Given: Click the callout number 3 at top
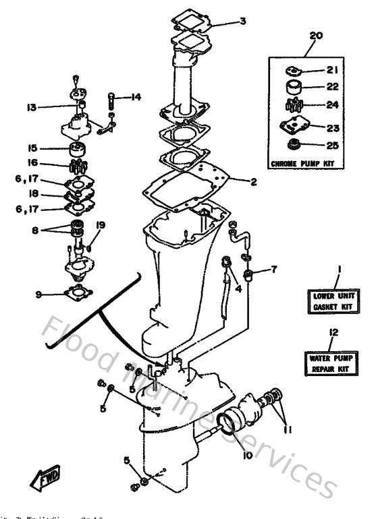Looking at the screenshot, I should [x=242, y=21].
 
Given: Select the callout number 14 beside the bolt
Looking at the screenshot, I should [x=136, y=97].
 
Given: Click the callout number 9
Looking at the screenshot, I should [x=40, y=294].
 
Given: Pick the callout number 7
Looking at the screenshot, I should [x=273, y=270].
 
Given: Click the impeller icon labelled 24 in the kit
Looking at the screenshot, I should [x=294, y=105].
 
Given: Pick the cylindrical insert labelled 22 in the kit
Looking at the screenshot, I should [x=294, y=87].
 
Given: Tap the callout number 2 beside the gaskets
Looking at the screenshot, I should [x=253, y=181].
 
